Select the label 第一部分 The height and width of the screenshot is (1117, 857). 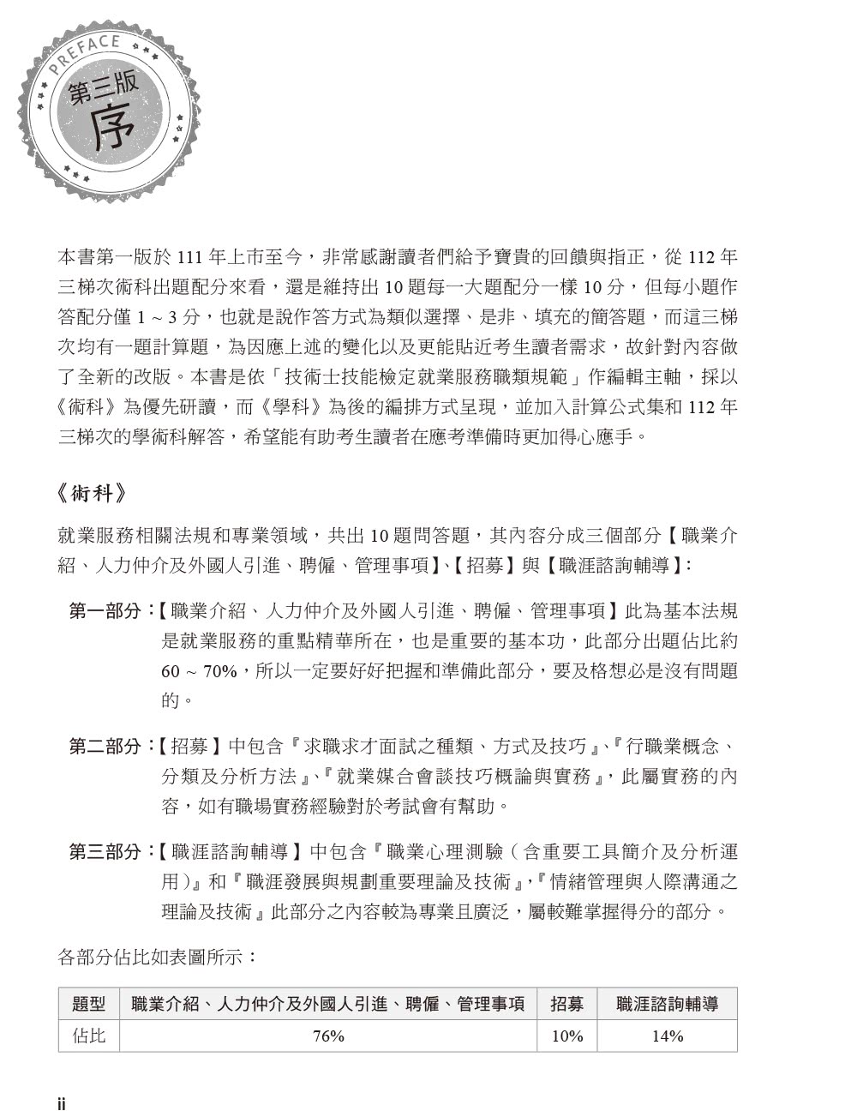tap(105, 612)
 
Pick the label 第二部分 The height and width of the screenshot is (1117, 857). tap(105, 747)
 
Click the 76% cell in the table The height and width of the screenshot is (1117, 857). tap(328, 1036)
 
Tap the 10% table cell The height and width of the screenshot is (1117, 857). tap(566, 1036)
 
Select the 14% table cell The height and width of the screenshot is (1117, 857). tap(667, 1036)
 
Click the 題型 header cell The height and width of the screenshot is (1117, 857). tap(89, 1004)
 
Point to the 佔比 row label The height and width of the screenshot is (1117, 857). tap(89, 1036)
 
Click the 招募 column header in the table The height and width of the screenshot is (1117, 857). tap(566, 1004)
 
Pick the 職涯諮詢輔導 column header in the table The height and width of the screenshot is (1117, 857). tap(667, 1004)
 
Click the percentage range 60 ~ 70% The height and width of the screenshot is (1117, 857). tap(199, 671)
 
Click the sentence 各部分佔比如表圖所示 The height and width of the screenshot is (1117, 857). tap(157, 957)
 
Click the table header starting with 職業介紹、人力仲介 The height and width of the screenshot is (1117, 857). tap(328, 1004)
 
